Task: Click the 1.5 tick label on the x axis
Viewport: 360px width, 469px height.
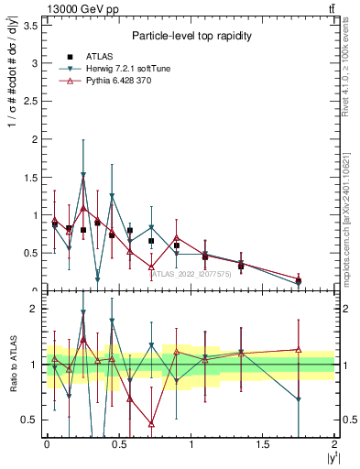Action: pos(262,444)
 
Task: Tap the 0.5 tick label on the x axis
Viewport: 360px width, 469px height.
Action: pos(118,444)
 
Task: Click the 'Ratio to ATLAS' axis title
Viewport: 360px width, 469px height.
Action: pos(13,365)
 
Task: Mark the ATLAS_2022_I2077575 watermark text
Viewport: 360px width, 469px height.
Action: pos(191,273)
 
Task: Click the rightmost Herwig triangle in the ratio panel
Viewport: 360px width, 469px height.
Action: pos(299,399)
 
